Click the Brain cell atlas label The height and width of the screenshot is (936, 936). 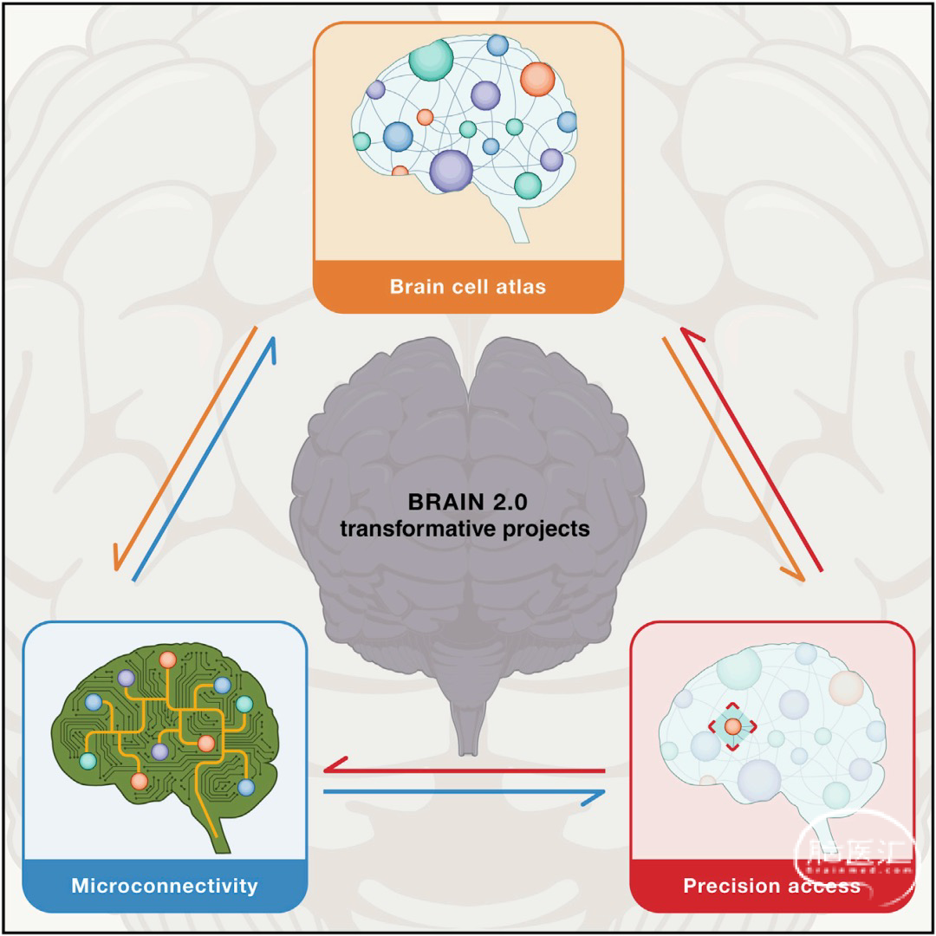click(468, 287)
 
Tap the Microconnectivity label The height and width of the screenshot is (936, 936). click(165, 885)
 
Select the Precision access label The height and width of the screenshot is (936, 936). click(772, 885)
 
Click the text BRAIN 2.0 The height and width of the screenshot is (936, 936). click(467, 502)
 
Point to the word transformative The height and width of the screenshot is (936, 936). click(414, 529)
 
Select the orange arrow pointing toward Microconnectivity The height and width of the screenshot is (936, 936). click(185, 448)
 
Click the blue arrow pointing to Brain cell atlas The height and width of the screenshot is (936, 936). click(205, 458)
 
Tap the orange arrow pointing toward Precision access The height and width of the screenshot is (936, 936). click(734, 459)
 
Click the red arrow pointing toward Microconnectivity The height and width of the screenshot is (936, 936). click(465, 770)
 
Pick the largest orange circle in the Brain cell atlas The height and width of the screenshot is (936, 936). click(538, 80)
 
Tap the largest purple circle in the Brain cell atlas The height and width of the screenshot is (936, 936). click(452, 171)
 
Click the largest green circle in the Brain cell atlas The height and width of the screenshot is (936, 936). click(431, 59)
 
